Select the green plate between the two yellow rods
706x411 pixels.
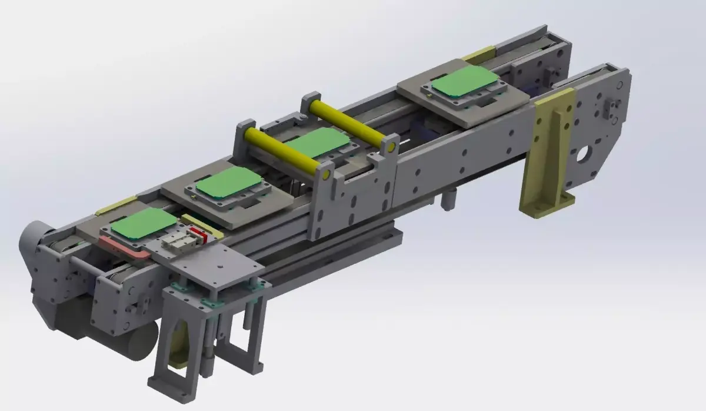(318, 143)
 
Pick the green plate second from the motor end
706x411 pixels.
(228, 182)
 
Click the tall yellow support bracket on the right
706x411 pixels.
(551, 153)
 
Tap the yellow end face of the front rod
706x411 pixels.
(325, 174)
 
